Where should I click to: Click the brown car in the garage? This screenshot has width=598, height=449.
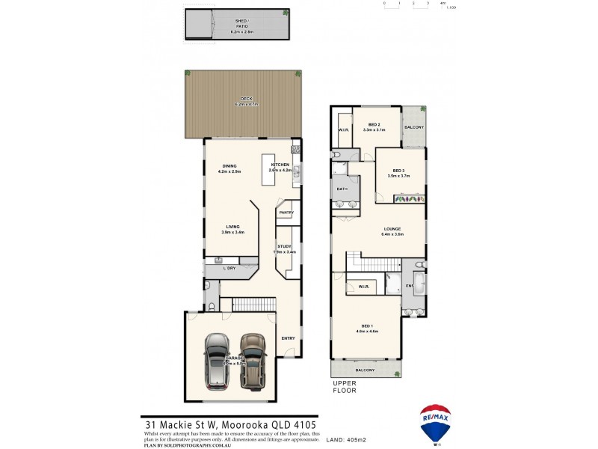point(253,360)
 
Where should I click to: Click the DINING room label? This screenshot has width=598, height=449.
point(229,166)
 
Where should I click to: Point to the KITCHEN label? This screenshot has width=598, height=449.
point(280,164)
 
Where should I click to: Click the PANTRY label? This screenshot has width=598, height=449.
point(286,213)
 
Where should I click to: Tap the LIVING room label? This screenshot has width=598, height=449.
point(232,227)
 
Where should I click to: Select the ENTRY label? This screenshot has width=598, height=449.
point(288,338)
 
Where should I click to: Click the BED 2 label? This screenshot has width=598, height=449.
point(374,125)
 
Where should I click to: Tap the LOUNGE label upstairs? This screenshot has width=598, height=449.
point(392,229)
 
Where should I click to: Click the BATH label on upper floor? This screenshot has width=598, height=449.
point(342,189)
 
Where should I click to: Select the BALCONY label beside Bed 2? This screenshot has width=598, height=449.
point(414,127)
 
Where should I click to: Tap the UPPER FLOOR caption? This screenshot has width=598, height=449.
point(345,387)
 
